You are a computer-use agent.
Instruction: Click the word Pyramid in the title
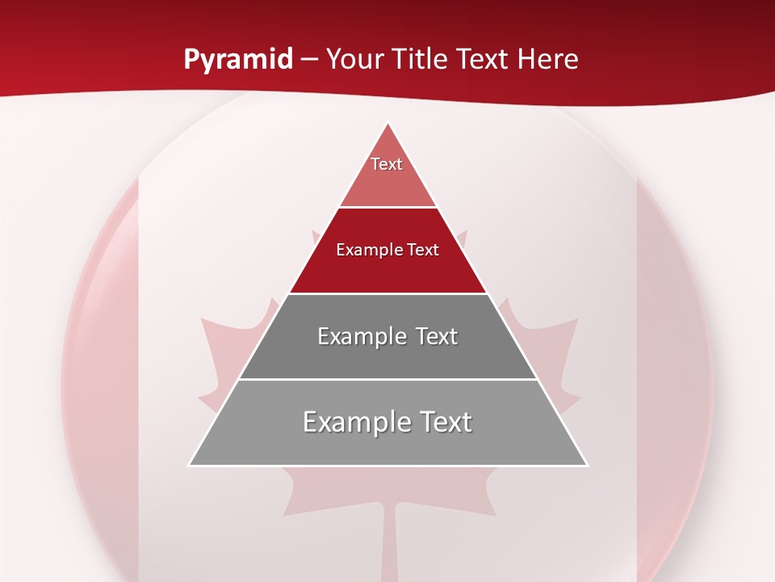(x=237, y=60)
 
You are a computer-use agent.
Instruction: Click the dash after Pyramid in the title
(x=309, y=60)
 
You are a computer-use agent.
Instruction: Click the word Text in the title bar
(x=483, y=60)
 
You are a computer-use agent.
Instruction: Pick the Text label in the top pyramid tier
(x=387, y=164)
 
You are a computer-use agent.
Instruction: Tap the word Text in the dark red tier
(x=423, y=250)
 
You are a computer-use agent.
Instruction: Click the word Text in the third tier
(x=437, y=336)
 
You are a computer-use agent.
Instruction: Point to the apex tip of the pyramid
(x=388, y=124)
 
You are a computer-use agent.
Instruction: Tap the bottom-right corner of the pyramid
(x=586, y=465)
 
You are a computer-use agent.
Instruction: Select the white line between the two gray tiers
(x=387, y=379)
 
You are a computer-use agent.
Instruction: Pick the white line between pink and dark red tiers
(x=387, y=207)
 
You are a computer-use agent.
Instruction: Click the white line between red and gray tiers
(x=387, y=293)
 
